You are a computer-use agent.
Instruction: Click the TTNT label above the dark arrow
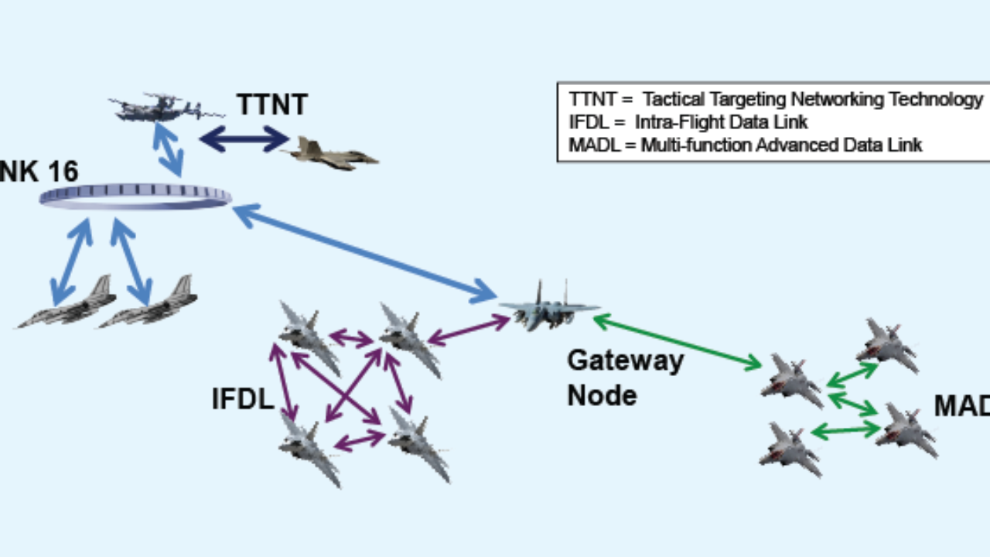coord(272,104)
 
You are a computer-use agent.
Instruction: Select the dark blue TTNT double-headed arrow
coord(244,139)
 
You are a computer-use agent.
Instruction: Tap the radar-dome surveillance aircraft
coord(159,108)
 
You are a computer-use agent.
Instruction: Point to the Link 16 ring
coord(135,196)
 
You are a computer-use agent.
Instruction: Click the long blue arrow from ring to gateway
coord(364,251)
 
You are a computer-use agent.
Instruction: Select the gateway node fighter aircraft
coord(548,307)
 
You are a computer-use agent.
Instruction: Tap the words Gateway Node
coord(625,378)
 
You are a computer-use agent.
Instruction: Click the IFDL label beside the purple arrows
coord(243,399)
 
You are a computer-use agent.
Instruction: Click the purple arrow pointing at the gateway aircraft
coord(469,330)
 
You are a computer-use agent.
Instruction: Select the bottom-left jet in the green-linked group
coord(790,449)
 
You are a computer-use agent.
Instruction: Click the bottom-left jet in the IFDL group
coord(309,449)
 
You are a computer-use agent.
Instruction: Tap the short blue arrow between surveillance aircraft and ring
coord(168,149)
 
